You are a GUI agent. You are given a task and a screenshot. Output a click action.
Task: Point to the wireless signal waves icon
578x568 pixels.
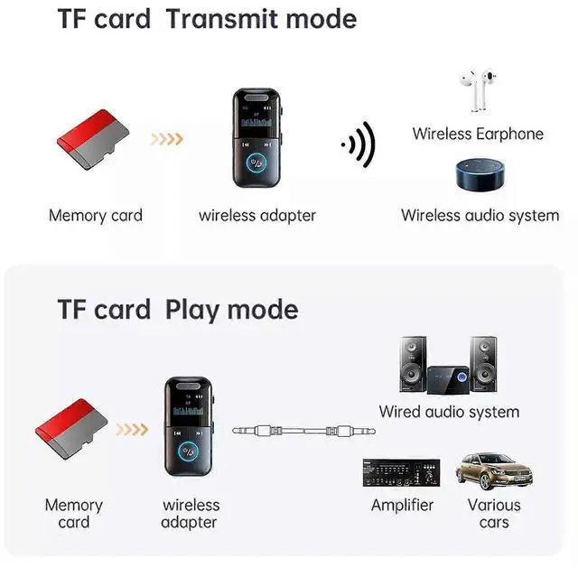click(x=359, y=144)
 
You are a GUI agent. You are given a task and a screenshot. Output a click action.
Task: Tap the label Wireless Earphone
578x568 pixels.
click(x=478, y=134)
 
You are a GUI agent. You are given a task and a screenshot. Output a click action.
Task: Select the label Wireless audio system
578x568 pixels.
click(x=480, y=215)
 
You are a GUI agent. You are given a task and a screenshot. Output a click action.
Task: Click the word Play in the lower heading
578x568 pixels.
click(x=191, y=310)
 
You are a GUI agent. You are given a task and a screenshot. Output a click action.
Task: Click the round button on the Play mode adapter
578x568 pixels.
click(x=190, y=457)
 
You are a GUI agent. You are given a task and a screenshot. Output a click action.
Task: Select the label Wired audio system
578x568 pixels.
click(x=449, y=412)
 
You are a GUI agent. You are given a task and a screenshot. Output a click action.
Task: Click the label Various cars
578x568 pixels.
click(x=493, y=513)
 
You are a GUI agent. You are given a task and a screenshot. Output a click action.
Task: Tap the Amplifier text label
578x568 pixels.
click(x=402, y=505)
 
